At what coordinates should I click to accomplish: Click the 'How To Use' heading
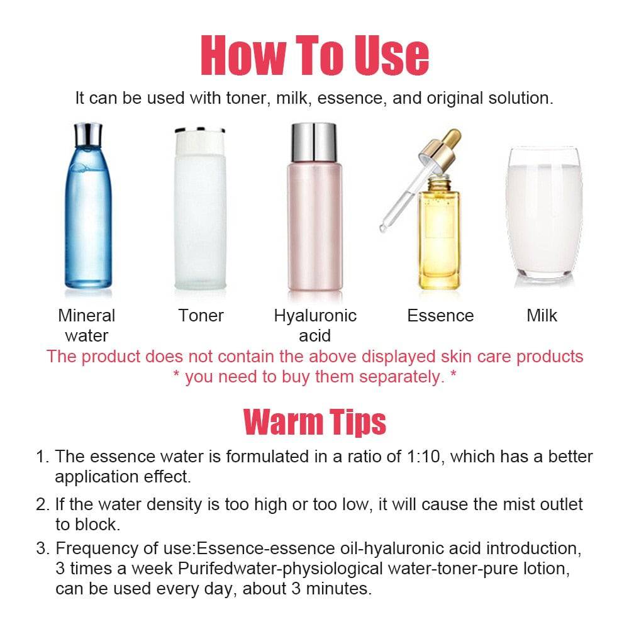[x=315, y=55]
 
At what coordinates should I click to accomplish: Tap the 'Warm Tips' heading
[x=314, y=421]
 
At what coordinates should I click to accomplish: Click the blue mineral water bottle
[x=88, y=206]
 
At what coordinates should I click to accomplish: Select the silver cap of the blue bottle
[x=88, y=135]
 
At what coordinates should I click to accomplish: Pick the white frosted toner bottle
[x=200, y=208]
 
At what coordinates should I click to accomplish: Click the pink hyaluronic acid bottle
[x=315, y=206]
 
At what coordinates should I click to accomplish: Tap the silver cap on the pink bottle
[x=314, y=142]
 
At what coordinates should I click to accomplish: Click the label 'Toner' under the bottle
[x=201, y=316]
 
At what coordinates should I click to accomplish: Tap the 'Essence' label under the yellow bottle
[x=440, y=316]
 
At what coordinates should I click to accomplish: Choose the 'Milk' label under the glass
[x=542, y=316]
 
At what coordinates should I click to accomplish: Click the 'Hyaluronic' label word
[x=315, y=316]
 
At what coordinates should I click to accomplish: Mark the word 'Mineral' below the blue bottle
[x=87, y=316]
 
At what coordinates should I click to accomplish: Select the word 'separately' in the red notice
[x=401, y=377]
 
